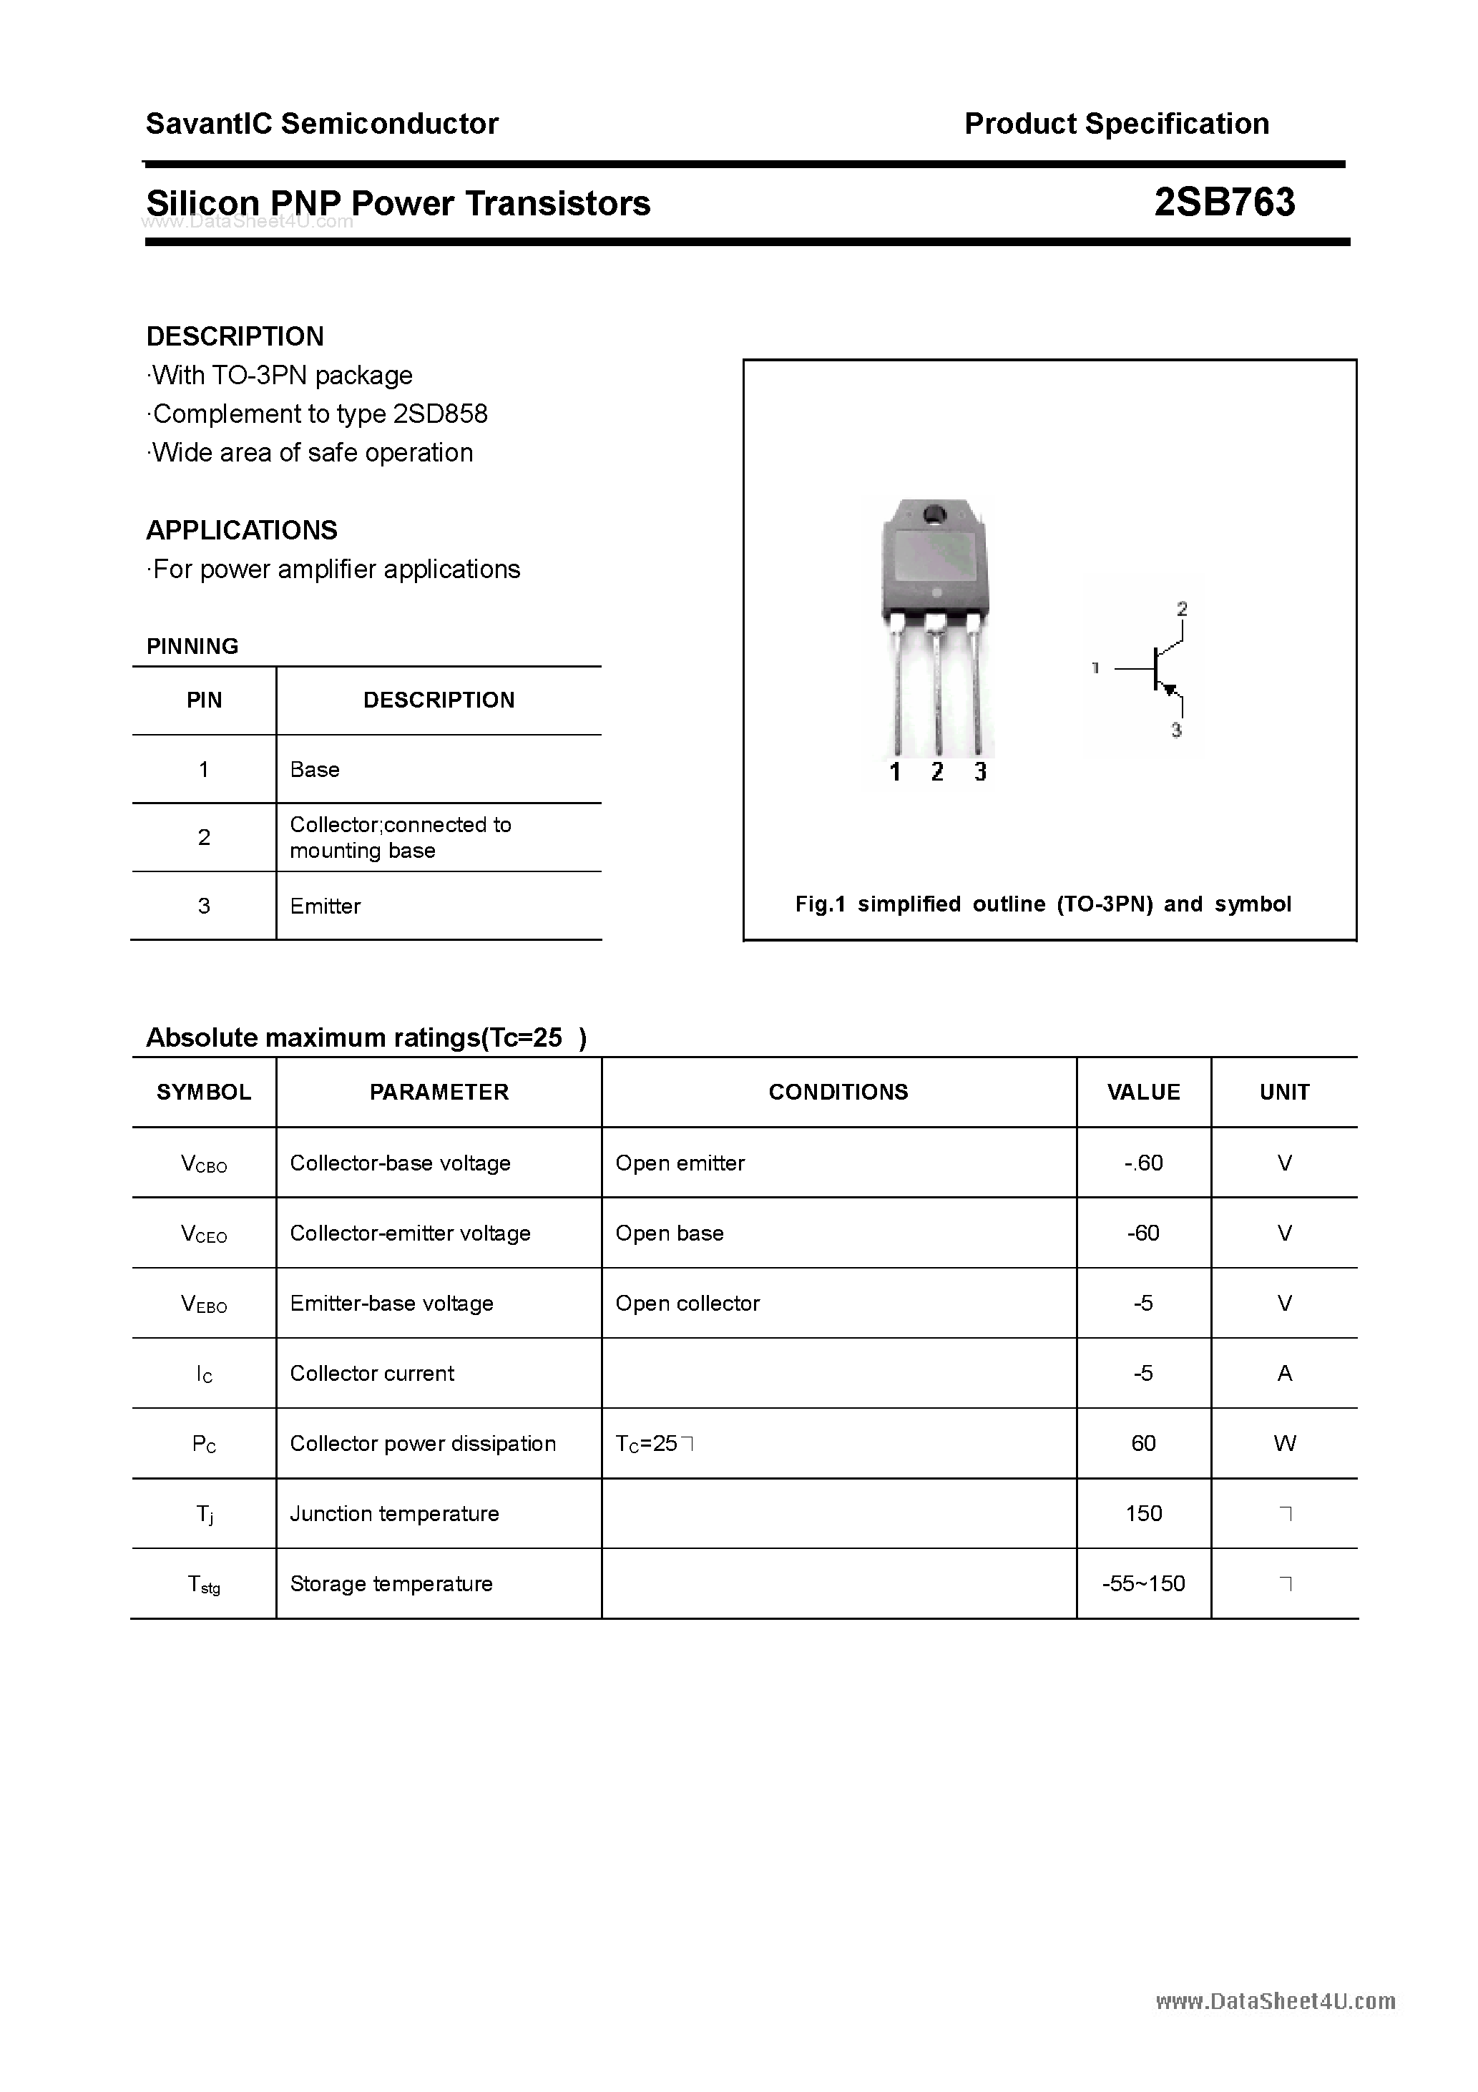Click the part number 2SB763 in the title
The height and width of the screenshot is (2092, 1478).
click(1224, 202)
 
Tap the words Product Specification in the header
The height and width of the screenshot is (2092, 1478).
click(1116, 124)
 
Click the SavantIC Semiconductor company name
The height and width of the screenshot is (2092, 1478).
click(322, 124)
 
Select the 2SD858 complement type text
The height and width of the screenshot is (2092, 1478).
click(440, 414)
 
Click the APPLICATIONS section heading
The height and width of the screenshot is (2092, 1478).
click(242, 530)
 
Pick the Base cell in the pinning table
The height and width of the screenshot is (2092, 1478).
click(314, 769)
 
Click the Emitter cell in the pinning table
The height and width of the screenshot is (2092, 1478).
click(326, 906)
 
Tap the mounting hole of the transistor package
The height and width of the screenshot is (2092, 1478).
click(935, 515)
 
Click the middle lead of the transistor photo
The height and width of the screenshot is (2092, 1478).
click(936, 693)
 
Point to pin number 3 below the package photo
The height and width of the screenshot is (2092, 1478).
click(979, 773)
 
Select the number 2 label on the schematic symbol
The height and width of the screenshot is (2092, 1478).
click(1182, 609)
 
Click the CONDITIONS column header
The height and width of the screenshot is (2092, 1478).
click(838, 1092)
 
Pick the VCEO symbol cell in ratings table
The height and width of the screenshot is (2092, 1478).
click(204, 1233)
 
